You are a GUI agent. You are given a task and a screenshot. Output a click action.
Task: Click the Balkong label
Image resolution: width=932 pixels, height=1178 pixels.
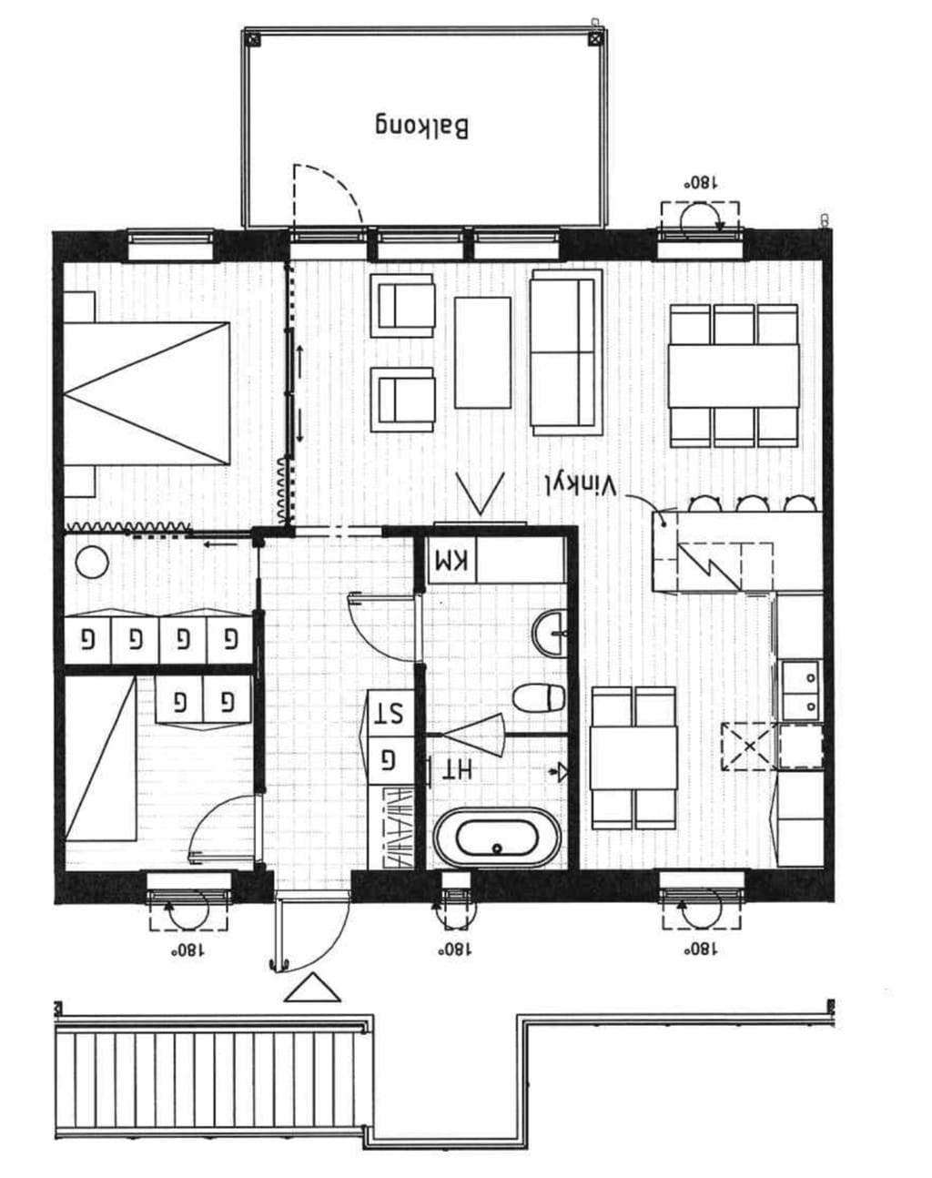421,127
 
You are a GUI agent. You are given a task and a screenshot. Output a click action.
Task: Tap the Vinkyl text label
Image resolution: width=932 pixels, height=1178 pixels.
582,485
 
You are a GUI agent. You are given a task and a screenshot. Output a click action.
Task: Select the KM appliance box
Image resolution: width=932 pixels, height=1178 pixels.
452,560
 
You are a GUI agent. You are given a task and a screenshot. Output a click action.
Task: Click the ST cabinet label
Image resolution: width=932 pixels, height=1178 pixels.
390,713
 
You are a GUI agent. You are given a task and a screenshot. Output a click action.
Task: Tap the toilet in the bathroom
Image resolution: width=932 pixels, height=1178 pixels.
539,698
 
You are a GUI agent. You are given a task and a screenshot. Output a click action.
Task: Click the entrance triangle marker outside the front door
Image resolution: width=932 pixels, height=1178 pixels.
312,988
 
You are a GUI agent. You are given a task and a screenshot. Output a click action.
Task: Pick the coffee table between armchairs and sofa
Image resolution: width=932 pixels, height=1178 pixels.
482,352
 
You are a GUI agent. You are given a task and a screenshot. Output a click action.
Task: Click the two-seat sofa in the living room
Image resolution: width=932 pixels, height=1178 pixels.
566,352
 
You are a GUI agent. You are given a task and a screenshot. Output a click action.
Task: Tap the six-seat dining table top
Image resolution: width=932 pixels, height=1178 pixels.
734,375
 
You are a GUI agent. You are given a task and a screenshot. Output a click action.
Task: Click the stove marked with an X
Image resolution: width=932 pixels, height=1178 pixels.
750,746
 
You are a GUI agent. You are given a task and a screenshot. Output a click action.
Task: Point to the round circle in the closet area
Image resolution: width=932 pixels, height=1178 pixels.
92,562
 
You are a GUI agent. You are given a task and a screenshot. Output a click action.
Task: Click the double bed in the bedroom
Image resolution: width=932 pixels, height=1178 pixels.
147,393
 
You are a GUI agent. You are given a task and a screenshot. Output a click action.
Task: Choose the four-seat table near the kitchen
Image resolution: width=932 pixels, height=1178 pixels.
633,757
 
